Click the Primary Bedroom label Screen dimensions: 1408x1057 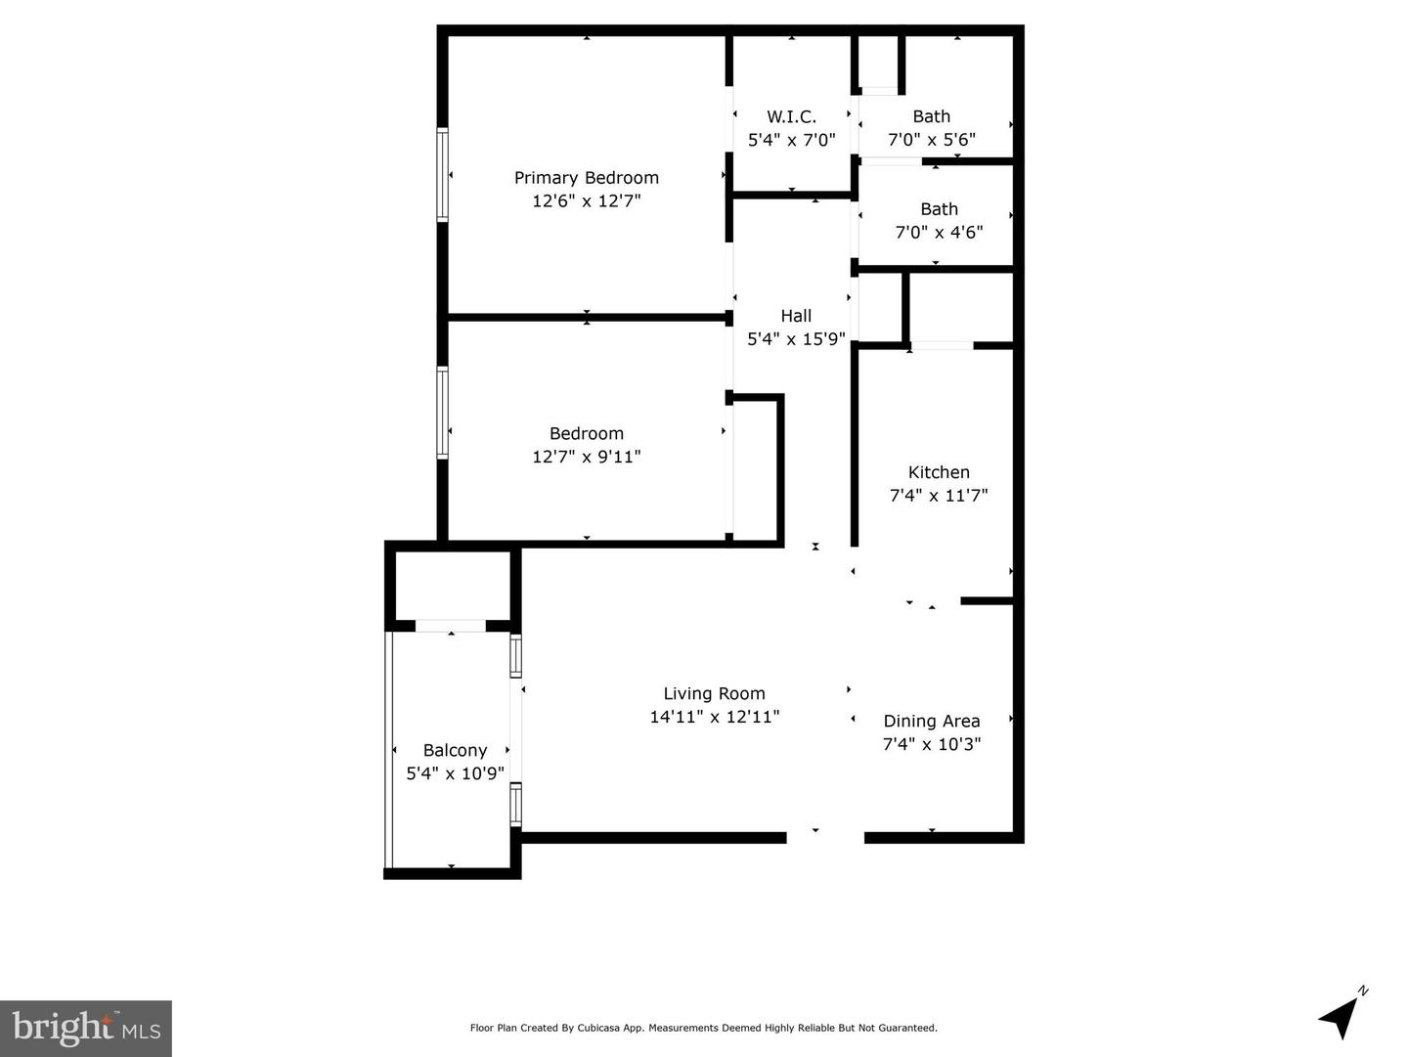click(x=587, y=178)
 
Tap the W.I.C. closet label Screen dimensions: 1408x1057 click(x=792, y=116)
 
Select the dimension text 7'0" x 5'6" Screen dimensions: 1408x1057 click(x=932, y=139)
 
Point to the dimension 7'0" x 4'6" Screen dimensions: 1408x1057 click(x=939, y=232)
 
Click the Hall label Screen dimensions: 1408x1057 click(x=796, y=316)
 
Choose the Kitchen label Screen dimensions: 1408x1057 click(x=939, y=472)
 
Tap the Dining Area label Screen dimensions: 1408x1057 click(x=932, y=722)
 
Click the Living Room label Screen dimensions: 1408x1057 click(x=714, y=694)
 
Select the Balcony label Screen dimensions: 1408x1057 click(x=455, y=750)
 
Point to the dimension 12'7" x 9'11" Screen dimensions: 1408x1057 click(x=587, y=456)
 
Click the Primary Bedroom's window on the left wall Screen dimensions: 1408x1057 click(x=443, y=175)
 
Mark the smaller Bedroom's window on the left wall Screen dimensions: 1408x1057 click(x=443, y=413)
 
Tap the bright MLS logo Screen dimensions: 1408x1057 click(x=86, y=1028)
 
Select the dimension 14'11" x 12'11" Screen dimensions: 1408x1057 click(x=714, y=717)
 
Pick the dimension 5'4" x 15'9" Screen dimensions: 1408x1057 click(x=796, y=338)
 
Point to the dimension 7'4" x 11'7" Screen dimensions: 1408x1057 click(x=939, y=495)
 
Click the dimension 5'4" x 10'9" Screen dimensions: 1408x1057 click(x=455, y=773)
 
